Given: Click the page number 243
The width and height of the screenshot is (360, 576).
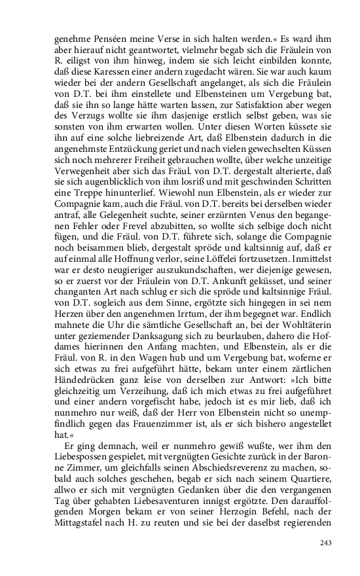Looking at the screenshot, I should (327, 543).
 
